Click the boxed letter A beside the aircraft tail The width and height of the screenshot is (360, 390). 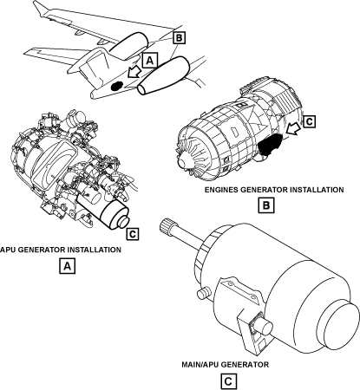click(149, 61)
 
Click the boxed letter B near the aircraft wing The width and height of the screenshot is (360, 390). click(179, 38)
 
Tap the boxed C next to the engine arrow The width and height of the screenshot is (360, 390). click(310, 121)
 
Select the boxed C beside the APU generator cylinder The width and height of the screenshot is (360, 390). click(133, 234)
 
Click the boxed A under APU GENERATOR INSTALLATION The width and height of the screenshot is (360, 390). click(67, 266)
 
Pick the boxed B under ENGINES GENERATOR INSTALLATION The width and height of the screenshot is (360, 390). click(266, 205)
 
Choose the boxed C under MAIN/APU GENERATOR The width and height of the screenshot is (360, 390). click(228, 381)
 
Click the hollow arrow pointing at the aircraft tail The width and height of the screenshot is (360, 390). click(134, 72)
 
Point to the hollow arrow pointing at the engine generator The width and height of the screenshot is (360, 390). click(294, 128)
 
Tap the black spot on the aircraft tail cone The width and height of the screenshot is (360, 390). click(117, 86)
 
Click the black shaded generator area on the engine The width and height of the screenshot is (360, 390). click(270, 144)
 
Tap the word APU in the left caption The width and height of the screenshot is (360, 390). click(8, 250)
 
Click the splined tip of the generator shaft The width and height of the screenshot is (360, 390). click(166, 226)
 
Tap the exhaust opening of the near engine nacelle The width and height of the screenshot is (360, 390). click(143, 89)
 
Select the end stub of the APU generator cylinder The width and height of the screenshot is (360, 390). click(124, 222)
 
